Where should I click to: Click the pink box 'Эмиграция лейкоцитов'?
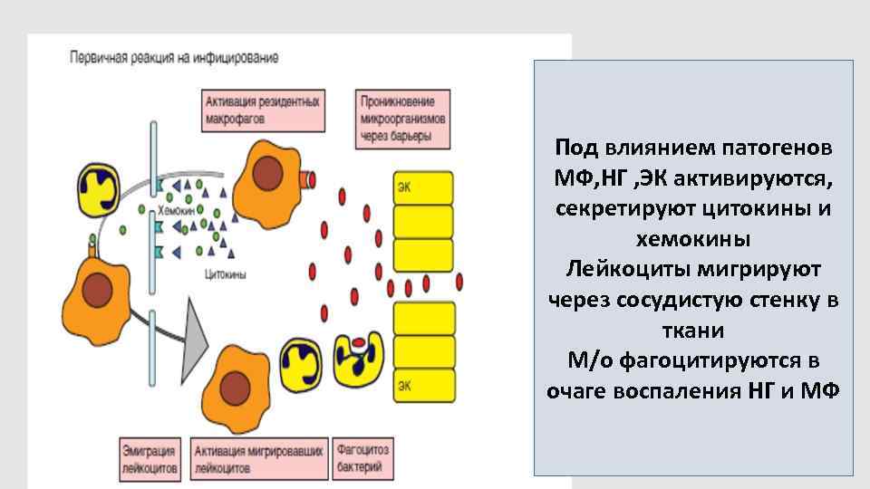click(150, 458)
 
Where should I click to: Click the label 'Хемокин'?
click(176, 209)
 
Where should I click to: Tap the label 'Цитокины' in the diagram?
click(227, 272)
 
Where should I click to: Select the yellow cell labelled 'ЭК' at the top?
click(421, 187)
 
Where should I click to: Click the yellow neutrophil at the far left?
click(103, 190)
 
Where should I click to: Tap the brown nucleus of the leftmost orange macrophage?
click(97, 291)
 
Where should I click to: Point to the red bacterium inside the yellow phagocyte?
click(360, 344)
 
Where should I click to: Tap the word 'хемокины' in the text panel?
click(694, 241)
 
